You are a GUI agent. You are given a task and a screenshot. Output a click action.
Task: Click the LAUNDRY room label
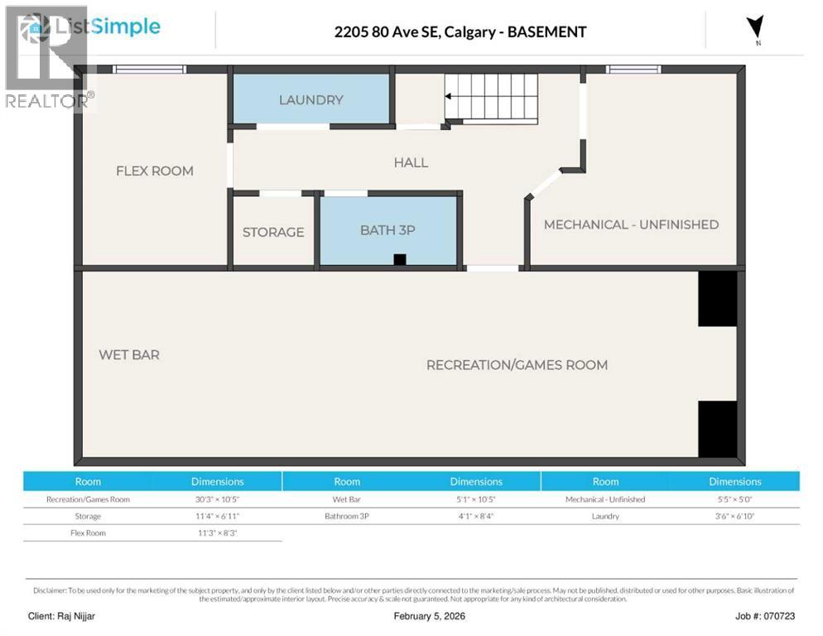coord(310,100)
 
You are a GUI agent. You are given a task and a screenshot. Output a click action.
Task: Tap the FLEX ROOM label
coord(155,171)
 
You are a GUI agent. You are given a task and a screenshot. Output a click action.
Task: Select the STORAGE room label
coord(273,232)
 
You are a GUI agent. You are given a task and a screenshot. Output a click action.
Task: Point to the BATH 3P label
coord(387,230)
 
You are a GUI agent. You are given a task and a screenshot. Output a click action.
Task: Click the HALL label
coord(411,162)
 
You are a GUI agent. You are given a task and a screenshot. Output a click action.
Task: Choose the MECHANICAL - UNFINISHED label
coord(631,224)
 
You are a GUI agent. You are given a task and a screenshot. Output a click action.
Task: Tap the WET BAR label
coord(129,354)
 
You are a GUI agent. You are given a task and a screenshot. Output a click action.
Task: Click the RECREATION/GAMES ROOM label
coord(517,364)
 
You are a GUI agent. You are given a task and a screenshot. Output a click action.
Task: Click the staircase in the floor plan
coord(491,97)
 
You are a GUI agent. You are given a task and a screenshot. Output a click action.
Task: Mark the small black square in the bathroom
coord(400,259)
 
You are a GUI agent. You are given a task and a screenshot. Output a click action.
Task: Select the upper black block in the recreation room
coord(717,299)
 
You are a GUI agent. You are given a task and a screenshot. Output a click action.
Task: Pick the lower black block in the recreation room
coord(717,429)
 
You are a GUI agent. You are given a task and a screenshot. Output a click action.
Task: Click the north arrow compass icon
coord(754,29)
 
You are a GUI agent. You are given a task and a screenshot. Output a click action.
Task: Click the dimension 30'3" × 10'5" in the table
coord(218,499)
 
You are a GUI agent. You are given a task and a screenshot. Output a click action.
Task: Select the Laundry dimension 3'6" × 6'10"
coord(734,516)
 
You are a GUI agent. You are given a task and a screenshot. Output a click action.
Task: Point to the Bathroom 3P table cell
coord(347,516)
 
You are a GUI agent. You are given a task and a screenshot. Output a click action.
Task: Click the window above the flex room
coord(149,70)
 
